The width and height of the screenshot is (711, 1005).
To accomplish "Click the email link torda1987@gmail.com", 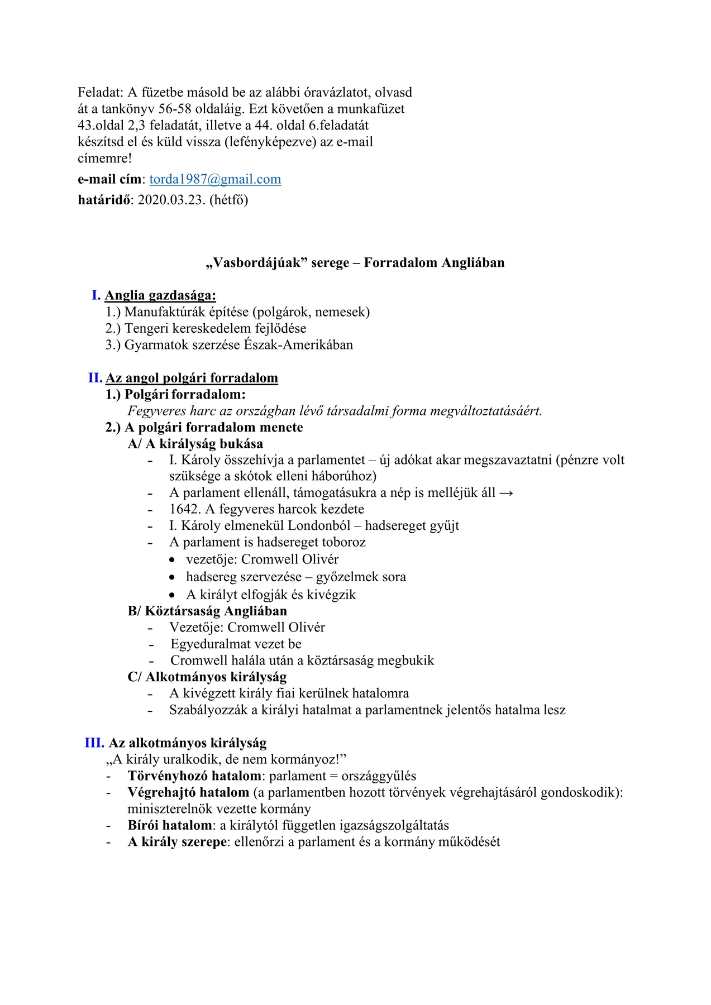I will tap(215, 179).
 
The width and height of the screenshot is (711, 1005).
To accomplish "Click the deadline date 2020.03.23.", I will tap(171, 200).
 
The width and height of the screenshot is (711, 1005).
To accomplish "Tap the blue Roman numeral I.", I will tap(96, 295).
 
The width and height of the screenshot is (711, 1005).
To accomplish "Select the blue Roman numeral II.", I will tap(95, 378).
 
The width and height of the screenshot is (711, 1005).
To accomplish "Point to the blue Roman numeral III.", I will tap(94, 743).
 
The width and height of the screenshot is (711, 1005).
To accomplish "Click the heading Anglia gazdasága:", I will tap(160, 296).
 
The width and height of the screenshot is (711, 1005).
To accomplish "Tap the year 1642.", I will tap(184, 509).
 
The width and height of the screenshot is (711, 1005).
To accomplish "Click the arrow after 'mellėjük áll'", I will tap(506, 493).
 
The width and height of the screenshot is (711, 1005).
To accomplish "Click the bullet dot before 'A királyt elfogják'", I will tap(173, 595).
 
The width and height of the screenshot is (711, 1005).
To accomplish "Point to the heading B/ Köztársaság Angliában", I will tap(207, 611).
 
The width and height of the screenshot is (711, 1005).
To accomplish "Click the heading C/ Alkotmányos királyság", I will tap(207, 677).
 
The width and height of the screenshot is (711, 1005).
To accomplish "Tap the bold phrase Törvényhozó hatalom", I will tap(194, 776).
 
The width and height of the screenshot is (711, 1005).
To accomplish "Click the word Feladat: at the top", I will tap(101, 93).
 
